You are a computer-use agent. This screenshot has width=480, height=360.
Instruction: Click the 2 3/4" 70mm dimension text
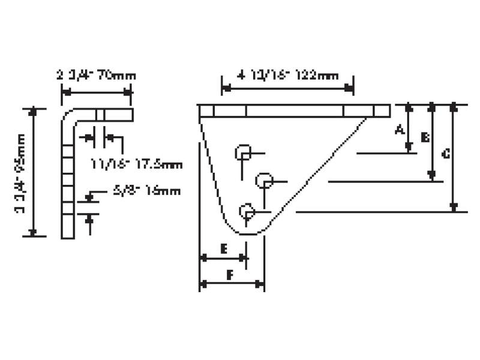[x=97, y=76]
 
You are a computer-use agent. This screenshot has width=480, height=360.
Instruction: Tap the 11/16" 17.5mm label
[x=137, y=163]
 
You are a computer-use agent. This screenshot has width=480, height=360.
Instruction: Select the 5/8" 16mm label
[x=146, y=192]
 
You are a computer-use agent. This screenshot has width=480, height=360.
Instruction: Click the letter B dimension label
[x=424, y=138]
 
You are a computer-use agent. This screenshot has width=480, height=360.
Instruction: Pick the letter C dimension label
[x=445, y=154]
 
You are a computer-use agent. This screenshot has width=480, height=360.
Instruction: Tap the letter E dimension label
[x=223, y=247]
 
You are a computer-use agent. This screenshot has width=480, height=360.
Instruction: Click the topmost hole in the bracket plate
[x=244, y=152]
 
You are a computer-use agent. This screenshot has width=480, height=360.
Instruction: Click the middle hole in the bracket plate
[x=265, y=179]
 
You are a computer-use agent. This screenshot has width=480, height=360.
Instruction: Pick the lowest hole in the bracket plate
[x=247, y=211]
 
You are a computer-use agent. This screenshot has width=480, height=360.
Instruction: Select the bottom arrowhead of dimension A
[x=409, y=148]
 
